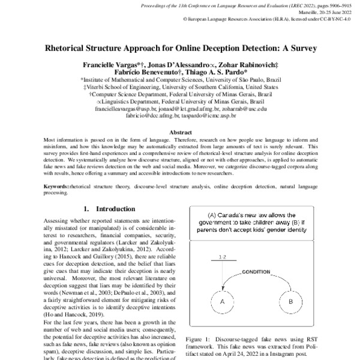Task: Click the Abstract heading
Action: click(x=181, y=132)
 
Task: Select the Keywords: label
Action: click(x=56, y=187)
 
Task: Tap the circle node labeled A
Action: click(x=223, y=317)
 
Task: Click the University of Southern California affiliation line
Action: click(x=181, y=86)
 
